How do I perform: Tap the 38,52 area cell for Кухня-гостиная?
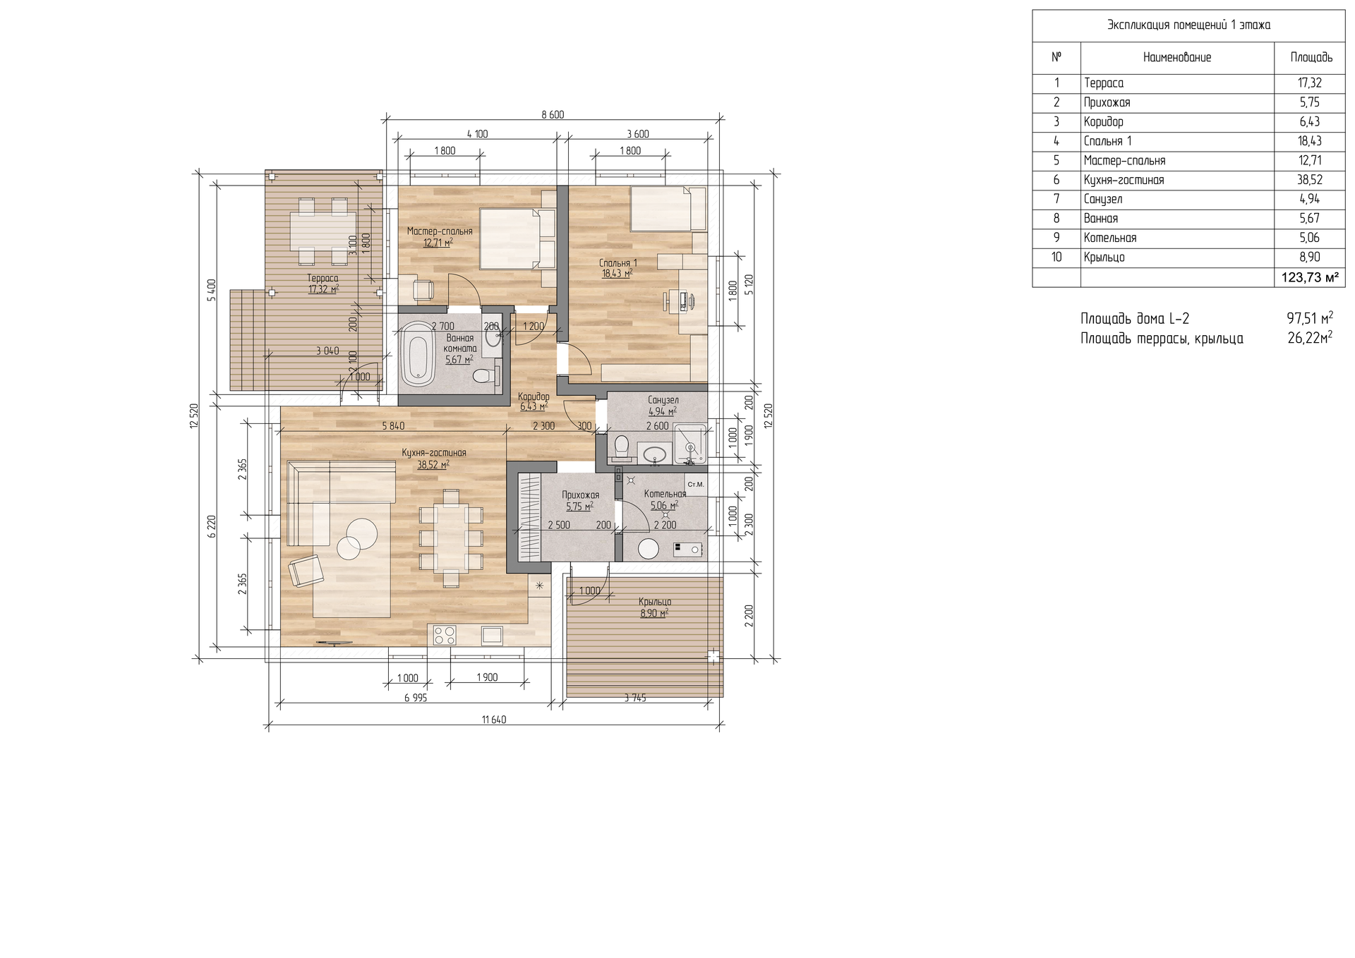pyautogui.click(x=1309, y=180)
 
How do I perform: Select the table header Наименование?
pyautogui.click(x=1177, y=58)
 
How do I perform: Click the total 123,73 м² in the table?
pyautogui.click(x=1310, y=277)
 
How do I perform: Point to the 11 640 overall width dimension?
pyautogui.click(x=494, y=720)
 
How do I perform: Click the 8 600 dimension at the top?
pyautogui.click(x=553, y=114)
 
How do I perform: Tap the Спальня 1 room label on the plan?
pyautogui.click(x=618, y=263)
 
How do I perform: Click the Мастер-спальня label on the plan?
pyautogui.click(x=440, y=231)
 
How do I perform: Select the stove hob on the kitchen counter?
pyautogui.click(x=445, y=635)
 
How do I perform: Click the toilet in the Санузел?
pyautogui.click(x=622, y=447)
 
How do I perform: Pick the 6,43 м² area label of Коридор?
pyautogui.click(x=534, y=406)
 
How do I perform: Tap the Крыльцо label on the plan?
pyautogui.click(x=655, y=602)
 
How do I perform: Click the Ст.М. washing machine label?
pyautogui.click(x=696, y=485)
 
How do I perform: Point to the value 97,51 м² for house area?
pyautogui.click(x=1310, y=318)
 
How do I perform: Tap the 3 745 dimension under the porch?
pyautogui.click(x=634, y=698)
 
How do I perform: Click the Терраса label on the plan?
pyautogui.click(x=323, y=278)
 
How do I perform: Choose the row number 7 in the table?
pyautogui.click(x=1056, y=199)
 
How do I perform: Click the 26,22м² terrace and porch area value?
pyautogui.click(x=1310, y=338)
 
